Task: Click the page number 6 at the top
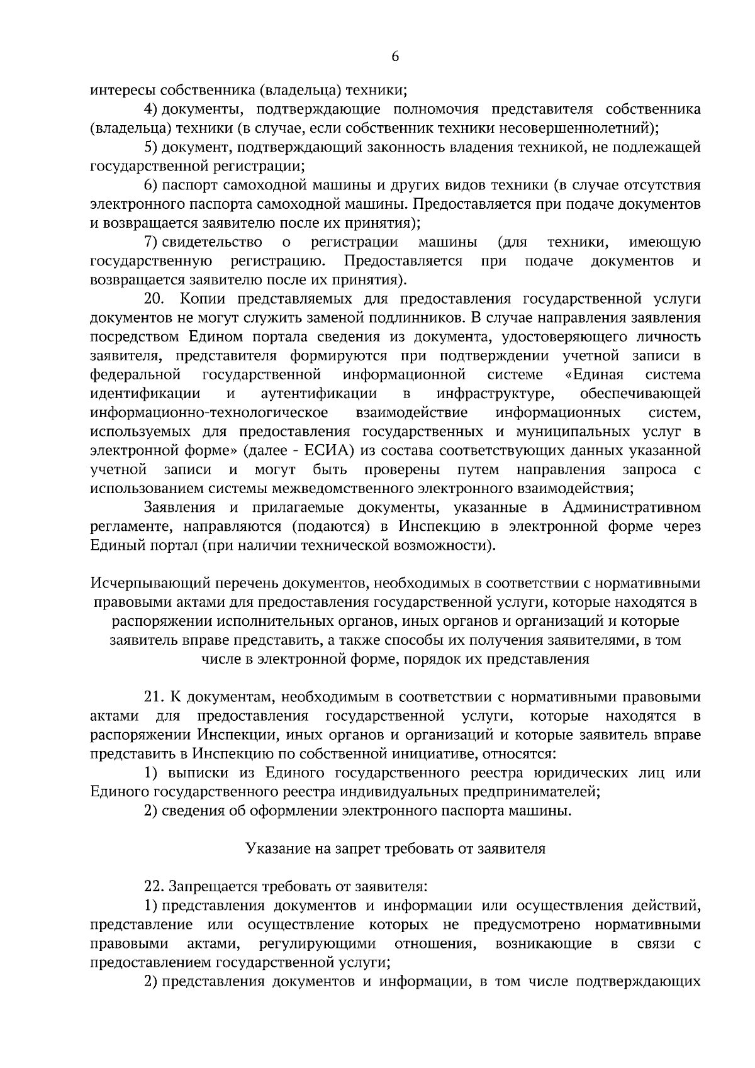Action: point(395,57)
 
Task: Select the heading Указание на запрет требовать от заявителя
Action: point(395,848)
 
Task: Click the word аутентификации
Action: point(319,394)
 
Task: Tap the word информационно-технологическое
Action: point(209,413)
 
